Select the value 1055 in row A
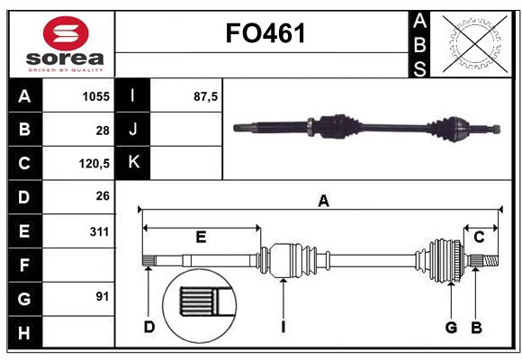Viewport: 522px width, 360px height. click(x=94, y=96)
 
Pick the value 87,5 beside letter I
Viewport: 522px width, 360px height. click(x=206, y=96)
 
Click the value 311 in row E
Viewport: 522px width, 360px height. click(x=99, y=231)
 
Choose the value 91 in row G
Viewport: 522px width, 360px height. click(x=102, y=296)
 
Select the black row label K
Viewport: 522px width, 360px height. click(x=133, y=163)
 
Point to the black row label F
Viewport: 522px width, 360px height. click(x=23, y=265)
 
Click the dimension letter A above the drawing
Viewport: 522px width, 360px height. click(x=323, y=202)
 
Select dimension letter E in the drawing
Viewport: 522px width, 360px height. click(x=201, y=237)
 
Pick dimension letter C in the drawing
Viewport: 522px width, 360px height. click(x=479, y=237)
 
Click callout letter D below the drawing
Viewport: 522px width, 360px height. click(x=149, y=327)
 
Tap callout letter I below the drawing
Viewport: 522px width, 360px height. click(x=283, y=327)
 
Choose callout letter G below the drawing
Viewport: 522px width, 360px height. click(x=451, y=327)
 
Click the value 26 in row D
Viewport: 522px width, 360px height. click(x=102, y=196)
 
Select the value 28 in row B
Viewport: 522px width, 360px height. click(x=102, y=130)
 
